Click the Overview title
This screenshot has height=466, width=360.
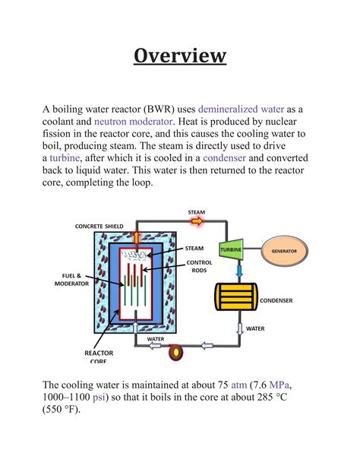point(180,56)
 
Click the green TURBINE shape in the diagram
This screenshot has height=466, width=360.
point(231,249)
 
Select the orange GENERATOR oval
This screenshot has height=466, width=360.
point(288,250)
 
